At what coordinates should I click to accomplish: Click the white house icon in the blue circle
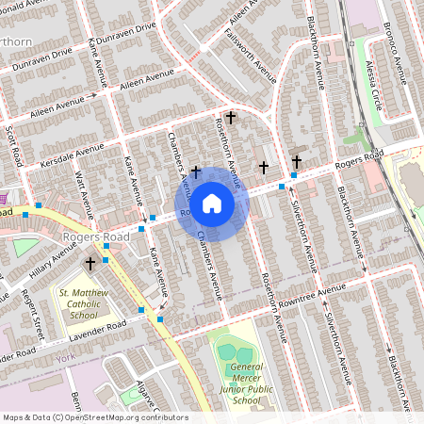point(212,204)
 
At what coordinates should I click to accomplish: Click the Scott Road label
point(12,145)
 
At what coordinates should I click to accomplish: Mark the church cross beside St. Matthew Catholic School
point(90,264)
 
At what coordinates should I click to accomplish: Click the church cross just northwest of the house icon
point(196,171)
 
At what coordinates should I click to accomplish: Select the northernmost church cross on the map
point(231,117)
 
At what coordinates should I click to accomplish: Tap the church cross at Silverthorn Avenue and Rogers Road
point(297,161)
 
